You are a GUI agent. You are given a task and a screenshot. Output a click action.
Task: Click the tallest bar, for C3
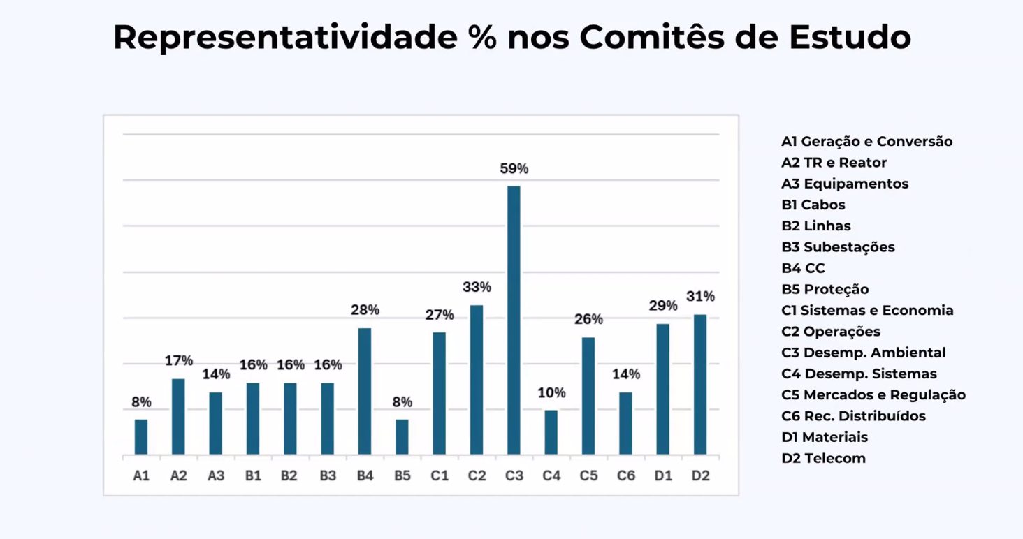[x=514, y=320]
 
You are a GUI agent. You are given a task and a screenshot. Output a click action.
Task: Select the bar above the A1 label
[x=141, y=437]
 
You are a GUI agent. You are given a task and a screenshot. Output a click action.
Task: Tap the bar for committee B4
[x=365, y=392]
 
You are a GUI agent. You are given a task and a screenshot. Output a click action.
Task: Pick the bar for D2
[x=700, y=385]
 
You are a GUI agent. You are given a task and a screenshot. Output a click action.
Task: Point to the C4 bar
[x=551, y=432]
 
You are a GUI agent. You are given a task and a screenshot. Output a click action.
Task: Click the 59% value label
[x=514, y=169]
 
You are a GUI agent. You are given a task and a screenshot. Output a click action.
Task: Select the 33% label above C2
[x=477, y=287]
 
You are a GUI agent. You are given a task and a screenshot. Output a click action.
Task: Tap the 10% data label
[x=551, y=393]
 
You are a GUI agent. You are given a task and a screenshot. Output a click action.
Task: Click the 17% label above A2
[x=179, y=361]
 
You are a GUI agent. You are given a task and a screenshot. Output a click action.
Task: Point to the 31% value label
[x=700, y=297]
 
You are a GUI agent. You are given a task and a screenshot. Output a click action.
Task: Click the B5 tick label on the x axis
[x=402, y=476]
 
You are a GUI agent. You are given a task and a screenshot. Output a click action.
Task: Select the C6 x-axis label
[x=626, y=476]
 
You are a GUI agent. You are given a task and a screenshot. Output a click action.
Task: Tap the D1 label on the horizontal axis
[x=663, y=476]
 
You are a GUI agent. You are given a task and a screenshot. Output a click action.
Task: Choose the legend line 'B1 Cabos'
[x=813, y=205]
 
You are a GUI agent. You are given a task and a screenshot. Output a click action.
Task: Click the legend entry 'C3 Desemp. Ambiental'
[x=863, y=353]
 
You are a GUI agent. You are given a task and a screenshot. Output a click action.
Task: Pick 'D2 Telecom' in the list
[x=823, y=459]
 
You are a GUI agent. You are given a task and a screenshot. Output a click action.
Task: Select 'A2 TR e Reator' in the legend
[x=834, y=163]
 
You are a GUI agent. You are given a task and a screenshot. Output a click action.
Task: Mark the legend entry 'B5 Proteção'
[x=825, y=290]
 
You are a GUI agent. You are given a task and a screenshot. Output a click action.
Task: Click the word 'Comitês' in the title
[x=644, y=38]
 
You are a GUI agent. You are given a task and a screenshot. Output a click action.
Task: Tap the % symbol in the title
[x=481, y=38]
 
